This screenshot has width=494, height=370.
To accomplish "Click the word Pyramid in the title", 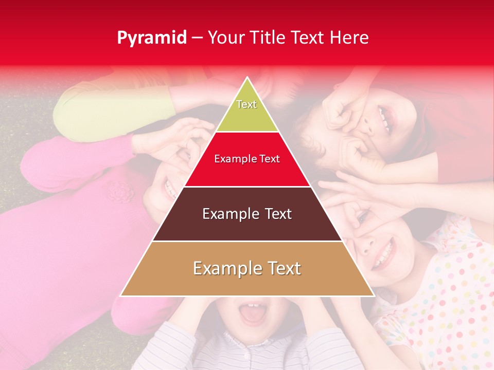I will pyautogui.click(x=152, y=38).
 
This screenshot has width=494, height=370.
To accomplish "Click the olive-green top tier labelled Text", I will pyautogui.click(x=247, y=110).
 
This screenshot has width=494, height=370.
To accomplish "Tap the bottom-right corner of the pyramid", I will pyautogui.click(x=373, y=295).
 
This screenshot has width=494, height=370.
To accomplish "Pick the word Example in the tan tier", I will pyautogui.click(x=224, y=268).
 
